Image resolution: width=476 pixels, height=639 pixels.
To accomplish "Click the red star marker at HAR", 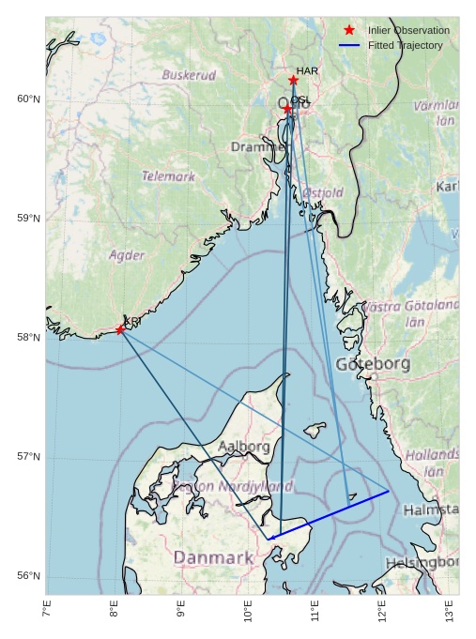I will click(x=294, y=81).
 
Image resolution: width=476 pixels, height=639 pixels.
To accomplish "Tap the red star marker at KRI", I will click(x=120, y=329).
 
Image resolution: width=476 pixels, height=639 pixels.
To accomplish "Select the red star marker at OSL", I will click(x=287, y=110).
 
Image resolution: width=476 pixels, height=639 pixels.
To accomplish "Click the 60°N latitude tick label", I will click(x=29, y=99).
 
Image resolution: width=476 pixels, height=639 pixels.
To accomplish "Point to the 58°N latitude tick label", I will click(x=29, y=338).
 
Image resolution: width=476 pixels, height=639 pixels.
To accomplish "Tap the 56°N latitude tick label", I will click(x=29, y=576).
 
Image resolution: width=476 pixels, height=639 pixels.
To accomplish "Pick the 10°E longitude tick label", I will click(x=249, y=609).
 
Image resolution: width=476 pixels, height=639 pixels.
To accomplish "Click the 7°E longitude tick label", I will click(x=47, y=609).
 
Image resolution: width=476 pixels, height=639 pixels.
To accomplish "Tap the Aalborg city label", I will click(x=244, y=447).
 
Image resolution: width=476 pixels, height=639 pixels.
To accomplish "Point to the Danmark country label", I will click(x=213, y=558).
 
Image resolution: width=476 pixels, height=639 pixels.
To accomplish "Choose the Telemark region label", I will click(x=169, y=175).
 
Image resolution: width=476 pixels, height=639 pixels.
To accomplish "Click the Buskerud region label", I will click(x=189, y=75).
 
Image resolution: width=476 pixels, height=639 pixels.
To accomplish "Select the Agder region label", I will click(x=127, y=254).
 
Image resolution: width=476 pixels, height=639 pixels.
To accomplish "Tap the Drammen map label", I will click(x=259, y=147).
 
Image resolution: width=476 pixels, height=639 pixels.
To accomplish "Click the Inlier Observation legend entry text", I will click(x=408, y=31).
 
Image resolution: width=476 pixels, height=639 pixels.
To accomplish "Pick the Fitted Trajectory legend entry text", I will click(x=405, y=45).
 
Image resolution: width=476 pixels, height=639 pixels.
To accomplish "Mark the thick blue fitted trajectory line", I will click(x=329, y=514).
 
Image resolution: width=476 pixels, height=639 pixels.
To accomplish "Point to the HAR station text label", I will click(x=307, y=70).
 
